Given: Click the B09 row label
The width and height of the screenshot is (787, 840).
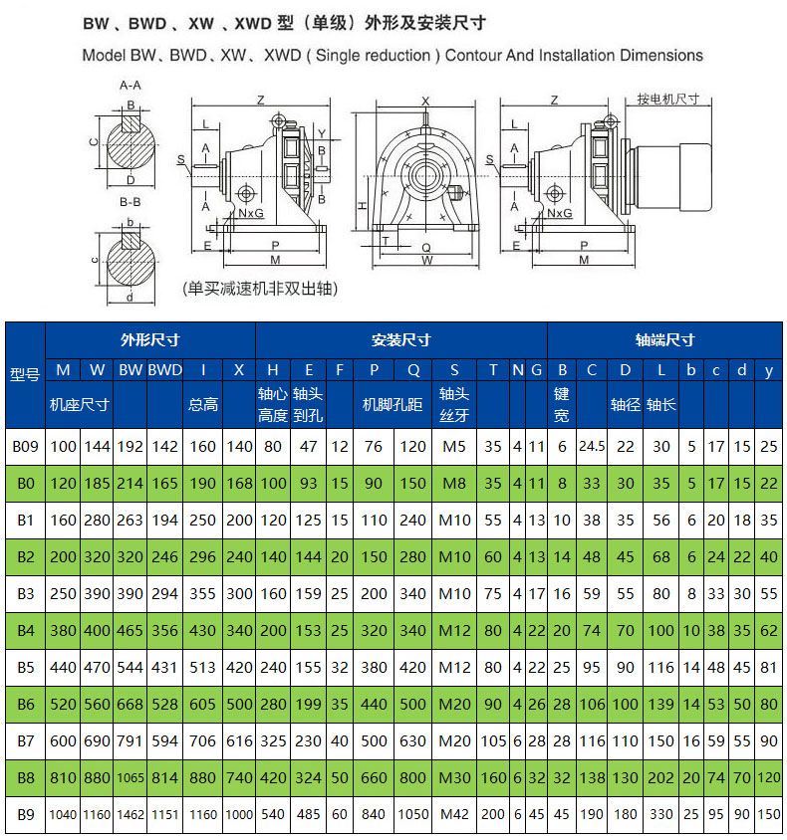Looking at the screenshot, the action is [25, 446].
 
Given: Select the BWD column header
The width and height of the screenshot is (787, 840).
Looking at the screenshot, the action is [165, 369].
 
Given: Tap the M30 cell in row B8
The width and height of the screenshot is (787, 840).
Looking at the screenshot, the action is [454, 777].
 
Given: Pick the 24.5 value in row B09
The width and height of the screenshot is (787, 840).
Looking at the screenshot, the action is [592, 446].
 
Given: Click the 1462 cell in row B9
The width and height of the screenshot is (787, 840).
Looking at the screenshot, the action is [131, 814].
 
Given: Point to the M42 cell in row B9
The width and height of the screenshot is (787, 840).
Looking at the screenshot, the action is [454, 814].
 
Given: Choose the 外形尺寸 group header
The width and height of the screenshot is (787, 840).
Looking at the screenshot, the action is [150, 339].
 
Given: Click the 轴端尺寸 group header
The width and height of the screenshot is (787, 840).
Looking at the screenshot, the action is [664, 339].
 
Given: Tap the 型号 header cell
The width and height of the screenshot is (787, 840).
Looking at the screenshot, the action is [25, 374].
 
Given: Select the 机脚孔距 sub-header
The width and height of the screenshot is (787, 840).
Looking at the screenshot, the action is [393, 404].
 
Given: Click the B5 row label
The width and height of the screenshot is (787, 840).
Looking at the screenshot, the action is [25, 667].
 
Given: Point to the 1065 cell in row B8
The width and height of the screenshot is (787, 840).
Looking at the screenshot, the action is [131, 777].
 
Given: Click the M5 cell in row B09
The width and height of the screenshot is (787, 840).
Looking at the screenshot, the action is [454, 446].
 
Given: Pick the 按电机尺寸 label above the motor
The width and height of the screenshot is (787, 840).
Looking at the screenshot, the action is [668, 100].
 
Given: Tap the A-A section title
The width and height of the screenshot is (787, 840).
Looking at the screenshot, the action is [131, 86].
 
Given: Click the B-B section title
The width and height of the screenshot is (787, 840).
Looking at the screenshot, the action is [131, 202].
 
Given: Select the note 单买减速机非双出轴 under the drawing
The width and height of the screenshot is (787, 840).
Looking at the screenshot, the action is [261, 289].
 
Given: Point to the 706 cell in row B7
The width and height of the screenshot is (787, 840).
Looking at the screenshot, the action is [202, 740].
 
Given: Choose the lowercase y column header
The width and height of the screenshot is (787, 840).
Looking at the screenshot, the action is [769, 370].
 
